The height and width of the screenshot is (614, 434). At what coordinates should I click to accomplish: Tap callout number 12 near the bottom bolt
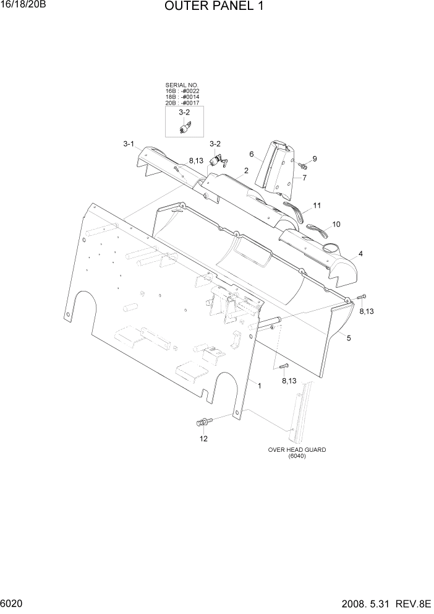pyautogui.click(x=203, y=439)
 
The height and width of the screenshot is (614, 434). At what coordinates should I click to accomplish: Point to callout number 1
pyautogui.click(x=260, y=386)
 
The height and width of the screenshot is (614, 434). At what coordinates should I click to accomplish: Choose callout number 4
pyautogui.click(x=360, y=254)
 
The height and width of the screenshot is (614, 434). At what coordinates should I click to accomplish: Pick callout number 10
pyautogui.click(x=337, y=224)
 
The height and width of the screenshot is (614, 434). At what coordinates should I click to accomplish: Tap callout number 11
pyautogui.click(x=317, y=205)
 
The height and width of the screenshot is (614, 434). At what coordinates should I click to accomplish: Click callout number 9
pyautogui.click(x=314, y=159)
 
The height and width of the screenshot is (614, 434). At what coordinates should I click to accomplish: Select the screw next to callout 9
pyautogui.click(x=303, y=165)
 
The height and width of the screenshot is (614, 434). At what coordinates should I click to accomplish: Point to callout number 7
pyautogui.click(x=304, y=178)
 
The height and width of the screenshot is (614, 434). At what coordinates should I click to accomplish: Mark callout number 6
pyautogui.click(x=252, y=154)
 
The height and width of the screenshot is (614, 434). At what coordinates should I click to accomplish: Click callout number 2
pyautogui.click(x=246, y=170)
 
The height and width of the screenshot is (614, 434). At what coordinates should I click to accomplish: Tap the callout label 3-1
pyautogui.click(x=129, y=144)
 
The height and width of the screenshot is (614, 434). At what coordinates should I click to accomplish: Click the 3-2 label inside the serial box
pyautogui.click(x=184, y=113)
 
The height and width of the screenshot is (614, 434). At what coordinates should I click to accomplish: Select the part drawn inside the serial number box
pyautogui.click(x=184, y=128)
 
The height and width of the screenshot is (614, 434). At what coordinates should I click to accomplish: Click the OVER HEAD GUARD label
pyautogui.click(x=297, y=450)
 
